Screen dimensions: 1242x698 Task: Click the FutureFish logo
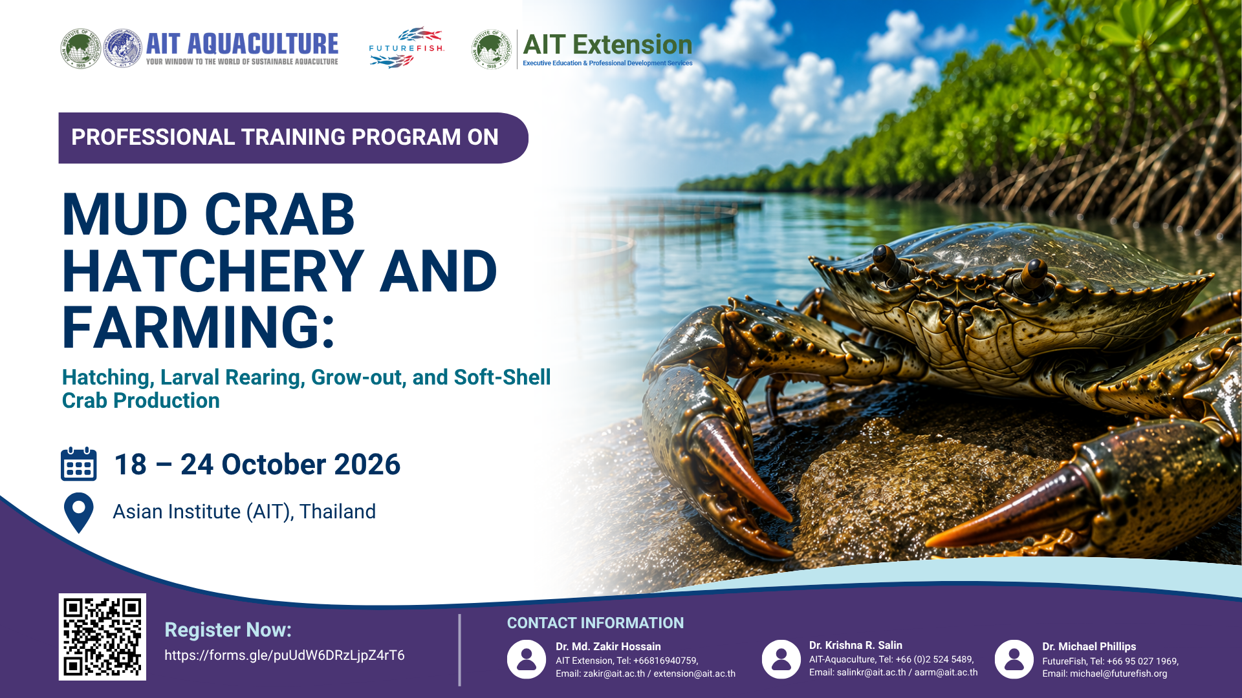pyautogui.click(x=407, y=48)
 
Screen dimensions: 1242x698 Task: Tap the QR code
pyautogui.click(x=102, y=637)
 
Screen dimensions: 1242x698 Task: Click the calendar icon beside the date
pyautogui.click(x=79, y=464)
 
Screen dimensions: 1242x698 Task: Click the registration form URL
pyautogui.click(x=285, y=655)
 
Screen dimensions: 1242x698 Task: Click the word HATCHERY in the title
pyautogui.click(x=213, y=271)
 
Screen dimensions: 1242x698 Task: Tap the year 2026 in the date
pyautogui.click(x=367, y=465)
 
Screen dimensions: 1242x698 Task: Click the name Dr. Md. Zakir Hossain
pyautogui.click(x=608, y=646)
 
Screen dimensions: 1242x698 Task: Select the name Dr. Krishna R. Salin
pyautogui.click(x=856, y=645)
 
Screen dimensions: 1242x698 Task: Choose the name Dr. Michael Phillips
pyautogui.click(x=1089, y=646)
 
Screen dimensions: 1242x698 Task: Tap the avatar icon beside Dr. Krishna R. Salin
pyautogui.click(x=781, y=659)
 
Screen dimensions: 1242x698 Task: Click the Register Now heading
pyautogui.click(x=228, y=630)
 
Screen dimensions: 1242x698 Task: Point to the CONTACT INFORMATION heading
pyautogui.click(x=595, y=623)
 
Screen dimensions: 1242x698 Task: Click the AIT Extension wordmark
pyautogui.click(x=607, y=45)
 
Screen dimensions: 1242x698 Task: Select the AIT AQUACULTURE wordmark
pyautogui.click(x=243, y=44)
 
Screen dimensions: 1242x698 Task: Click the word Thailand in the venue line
pyautogui.click(x=338, y=512)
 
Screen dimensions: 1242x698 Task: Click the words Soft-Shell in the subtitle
pyautogui.click(x=503, y=377)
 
